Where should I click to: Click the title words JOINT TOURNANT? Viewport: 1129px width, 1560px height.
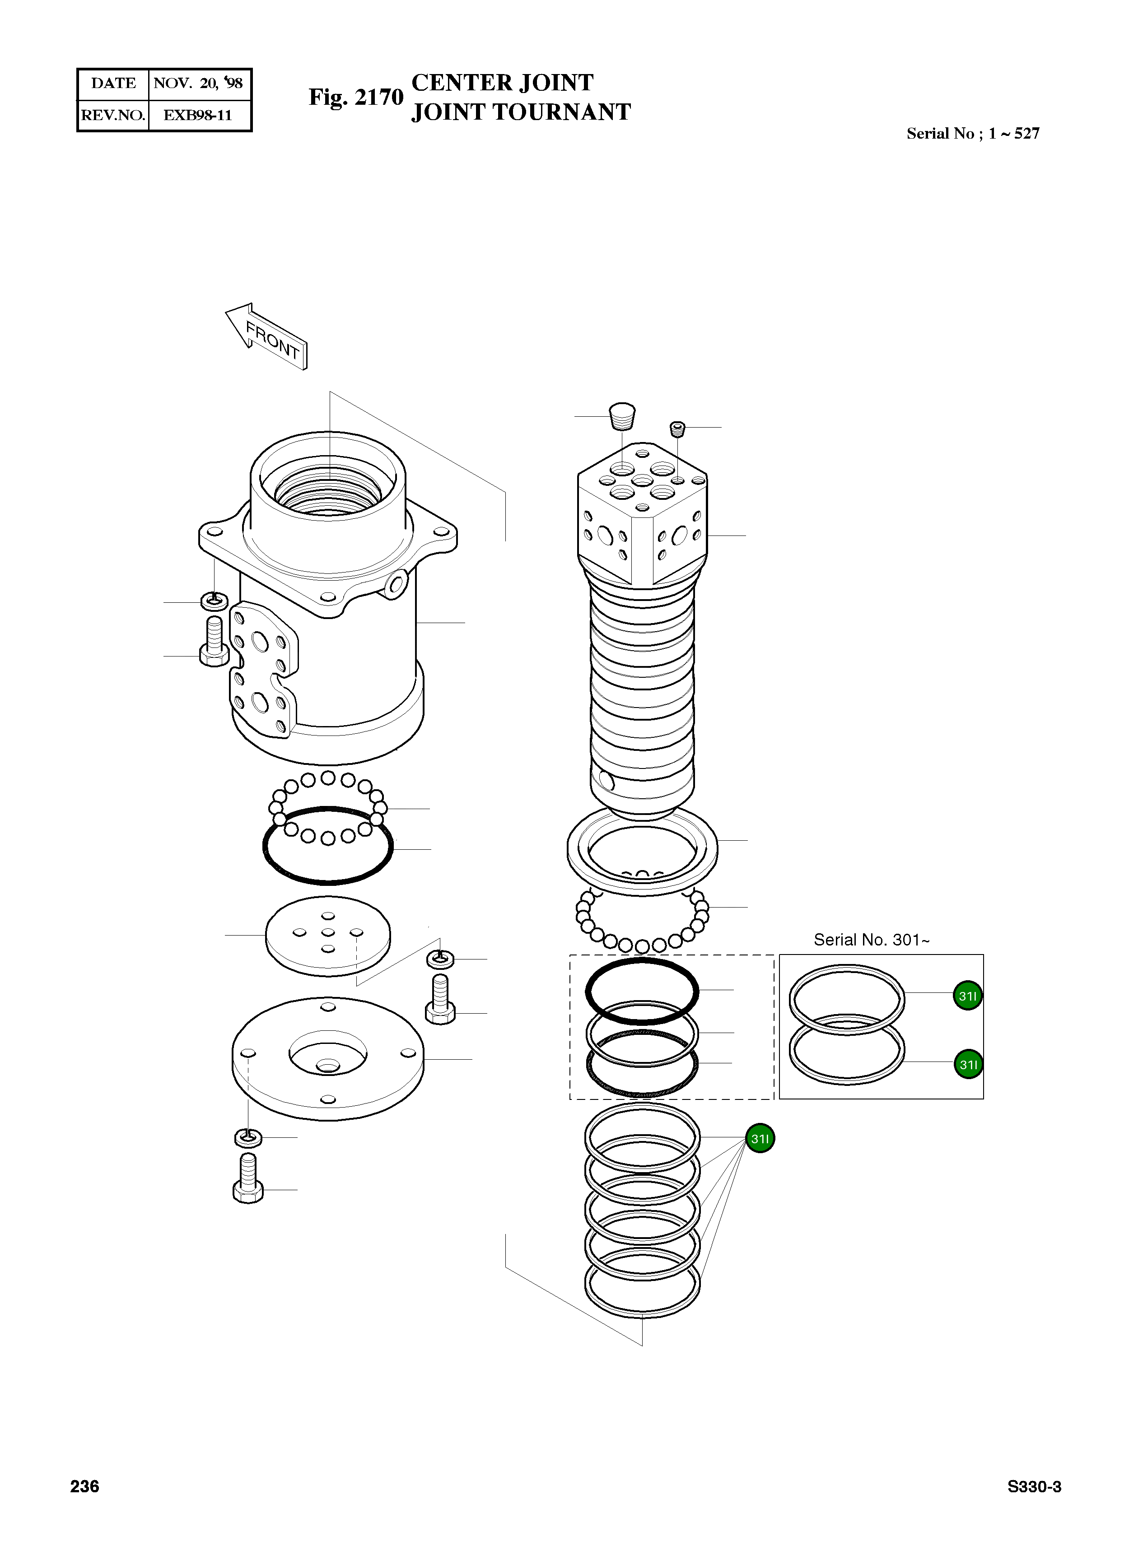tap(521, 112)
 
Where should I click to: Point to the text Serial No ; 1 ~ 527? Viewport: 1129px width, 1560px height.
tap(972, 134)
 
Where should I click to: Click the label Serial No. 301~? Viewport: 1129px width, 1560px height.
tap(871, 940)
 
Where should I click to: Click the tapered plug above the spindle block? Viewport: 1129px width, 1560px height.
tap(622, 416)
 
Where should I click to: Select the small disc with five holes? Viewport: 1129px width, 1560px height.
tap(328, 936)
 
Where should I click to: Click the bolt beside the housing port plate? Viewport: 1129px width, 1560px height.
tap(214, 642)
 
